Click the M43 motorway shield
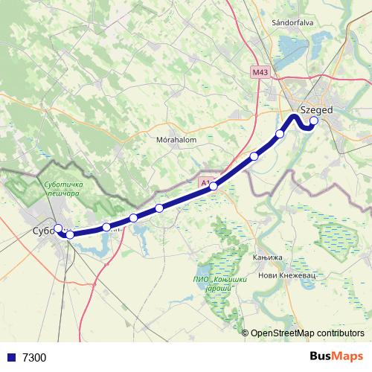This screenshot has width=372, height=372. [260, 72]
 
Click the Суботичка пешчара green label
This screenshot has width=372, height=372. [62, 188]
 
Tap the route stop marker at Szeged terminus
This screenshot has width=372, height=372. [314, 121]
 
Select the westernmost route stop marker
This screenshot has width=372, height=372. [58, 228]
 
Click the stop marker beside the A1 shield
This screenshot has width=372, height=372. [214, 186]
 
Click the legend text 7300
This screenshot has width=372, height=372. [34, 358]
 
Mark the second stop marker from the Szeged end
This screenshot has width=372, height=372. [280, 134]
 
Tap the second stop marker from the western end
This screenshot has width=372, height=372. [70, 235]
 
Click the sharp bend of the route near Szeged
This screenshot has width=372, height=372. [292, 116]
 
